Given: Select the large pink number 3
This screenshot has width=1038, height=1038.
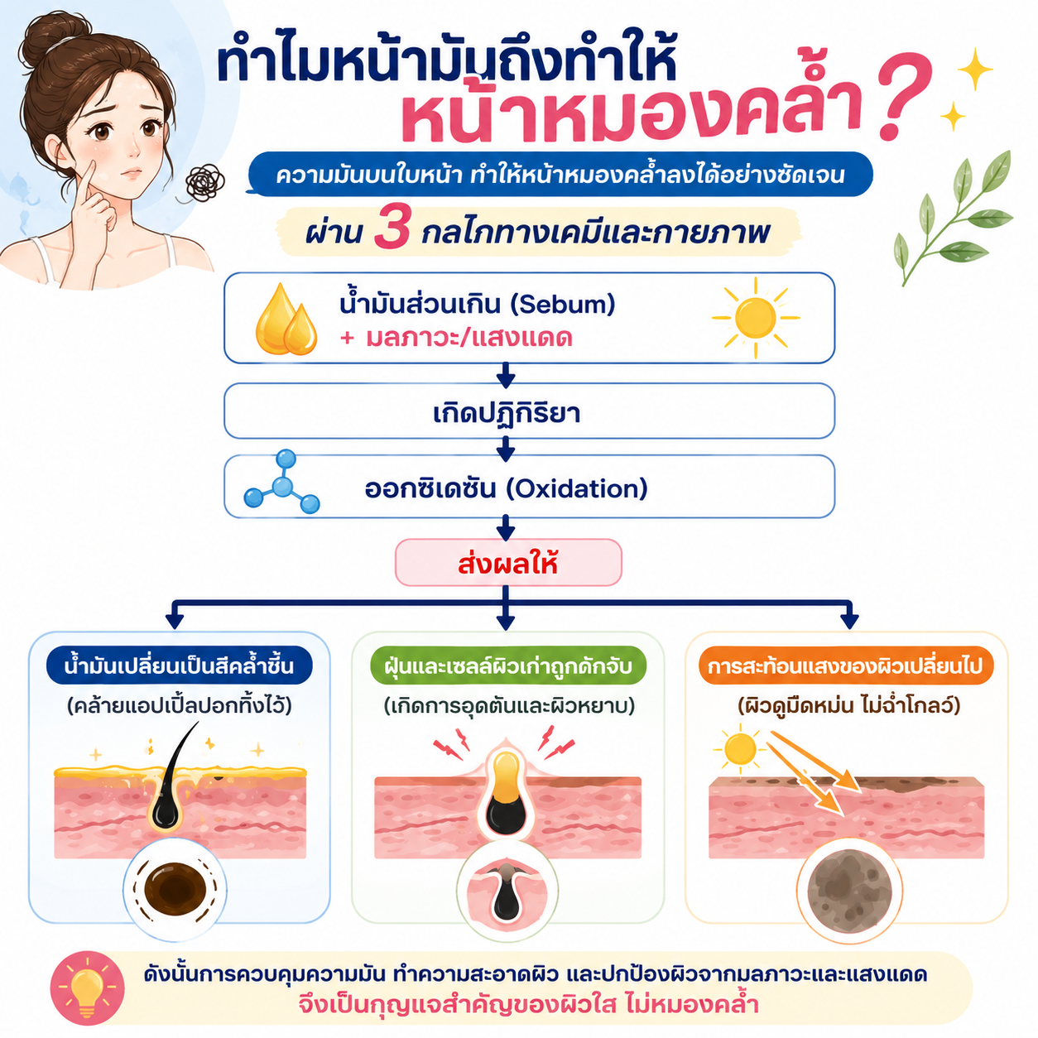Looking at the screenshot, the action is [392, 229].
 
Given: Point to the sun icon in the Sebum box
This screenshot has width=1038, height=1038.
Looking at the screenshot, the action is [755, 317].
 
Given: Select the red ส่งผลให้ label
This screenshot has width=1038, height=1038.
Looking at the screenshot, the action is [507, 564].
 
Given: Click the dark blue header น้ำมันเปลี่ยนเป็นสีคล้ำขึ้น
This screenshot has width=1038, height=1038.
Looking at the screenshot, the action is [179, 666].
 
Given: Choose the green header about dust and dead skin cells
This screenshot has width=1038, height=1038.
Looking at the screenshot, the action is [507, 666].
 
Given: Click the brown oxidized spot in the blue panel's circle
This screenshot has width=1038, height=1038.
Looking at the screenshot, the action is [175, 889].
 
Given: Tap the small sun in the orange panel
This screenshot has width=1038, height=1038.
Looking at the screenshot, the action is [740, 749].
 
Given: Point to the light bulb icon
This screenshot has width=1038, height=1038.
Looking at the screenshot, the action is [87, 988].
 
